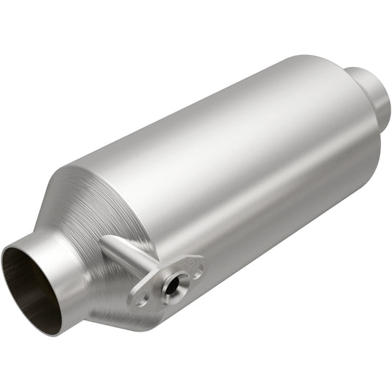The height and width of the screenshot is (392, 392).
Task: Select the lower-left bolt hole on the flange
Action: click(x=139, y=299)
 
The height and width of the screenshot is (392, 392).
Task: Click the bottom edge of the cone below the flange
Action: click(x=140, y=324)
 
